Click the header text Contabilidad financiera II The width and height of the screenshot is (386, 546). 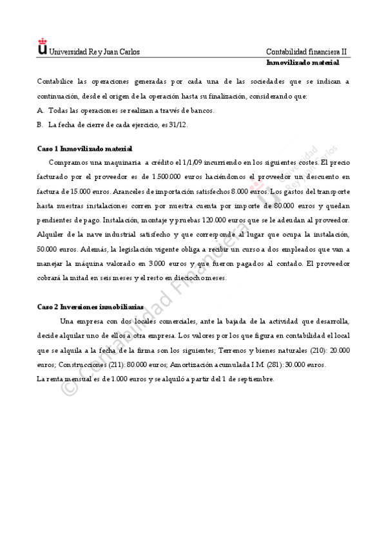(x=306, y=52)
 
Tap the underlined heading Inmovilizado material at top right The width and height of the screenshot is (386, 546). (x=303, y=63)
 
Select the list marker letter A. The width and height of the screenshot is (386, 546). (x=41, y=110)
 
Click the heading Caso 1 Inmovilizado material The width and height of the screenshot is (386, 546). (x=84, y=149)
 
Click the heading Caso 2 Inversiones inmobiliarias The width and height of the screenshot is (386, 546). (x=90, y=307)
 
